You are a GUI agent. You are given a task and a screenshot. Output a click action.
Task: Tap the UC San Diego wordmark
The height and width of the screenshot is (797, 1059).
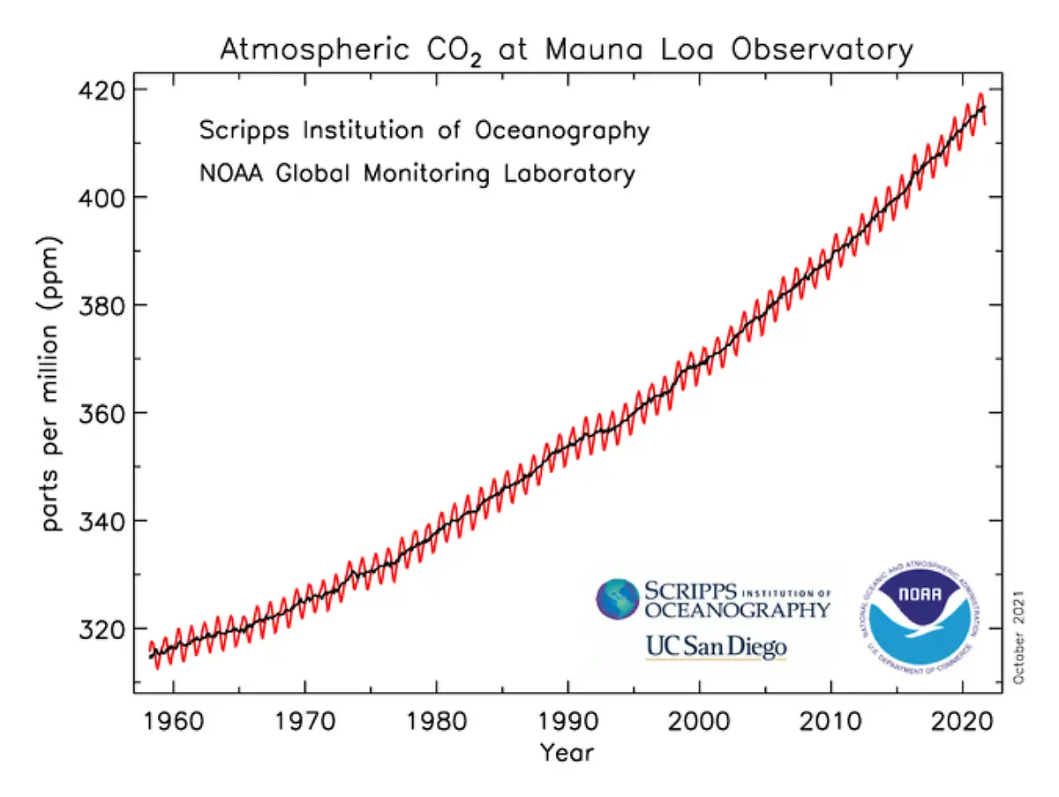[x=716, y=648]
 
